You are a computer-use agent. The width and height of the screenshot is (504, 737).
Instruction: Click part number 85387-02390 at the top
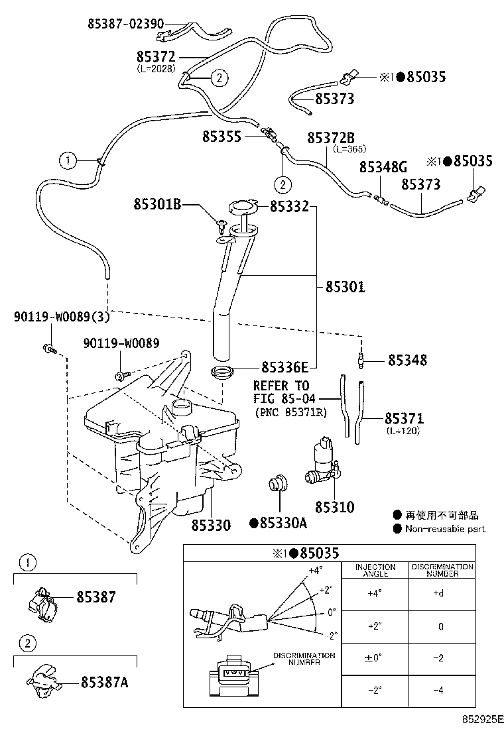126,23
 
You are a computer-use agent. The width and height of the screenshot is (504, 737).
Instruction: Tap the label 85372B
331,138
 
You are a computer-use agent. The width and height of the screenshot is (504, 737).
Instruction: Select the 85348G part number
383,167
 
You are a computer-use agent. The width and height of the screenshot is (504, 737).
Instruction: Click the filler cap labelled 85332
244,206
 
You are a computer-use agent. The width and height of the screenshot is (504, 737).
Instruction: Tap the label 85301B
157,204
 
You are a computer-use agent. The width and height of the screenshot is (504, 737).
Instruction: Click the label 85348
408,360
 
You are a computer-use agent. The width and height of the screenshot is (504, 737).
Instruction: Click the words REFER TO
281,386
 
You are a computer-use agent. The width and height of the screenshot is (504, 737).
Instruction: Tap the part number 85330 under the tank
211,525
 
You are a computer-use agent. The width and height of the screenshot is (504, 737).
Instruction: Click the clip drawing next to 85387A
44,679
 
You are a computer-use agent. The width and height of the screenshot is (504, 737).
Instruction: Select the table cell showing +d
438,593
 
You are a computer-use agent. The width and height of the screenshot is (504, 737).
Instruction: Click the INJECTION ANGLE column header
375,570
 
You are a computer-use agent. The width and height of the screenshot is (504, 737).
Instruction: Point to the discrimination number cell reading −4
438,691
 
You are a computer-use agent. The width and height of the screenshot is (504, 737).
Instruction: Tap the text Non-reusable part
445,529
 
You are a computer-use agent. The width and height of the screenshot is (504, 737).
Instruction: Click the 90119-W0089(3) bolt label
62,317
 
